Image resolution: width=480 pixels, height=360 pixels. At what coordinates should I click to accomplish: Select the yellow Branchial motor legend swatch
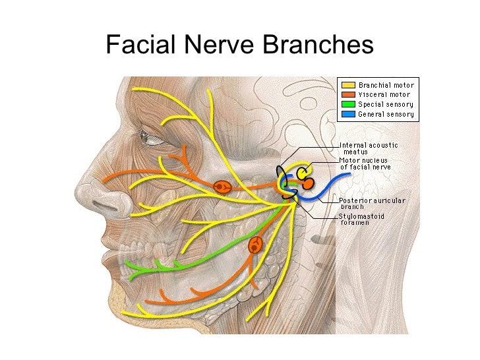coord(347,85)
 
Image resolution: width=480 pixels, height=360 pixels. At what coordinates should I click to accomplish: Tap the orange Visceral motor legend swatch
coord(347,94)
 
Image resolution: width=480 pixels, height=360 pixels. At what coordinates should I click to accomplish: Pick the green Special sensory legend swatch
coord(347,104)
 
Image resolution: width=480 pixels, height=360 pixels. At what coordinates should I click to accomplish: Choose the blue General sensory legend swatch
coord(347,113)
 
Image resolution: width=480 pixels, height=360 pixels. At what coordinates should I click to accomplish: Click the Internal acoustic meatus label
coord(368,148)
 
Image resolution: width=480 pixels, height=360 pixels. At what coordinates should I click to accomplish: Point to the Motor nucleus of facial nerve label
coord(365,164)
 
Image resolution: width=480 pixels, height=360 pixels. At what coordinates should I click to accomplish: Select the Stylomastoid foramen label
coord(363,219)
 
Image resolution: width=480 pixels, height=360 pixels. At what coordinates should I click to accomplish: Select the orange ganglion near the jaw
coord(255,246)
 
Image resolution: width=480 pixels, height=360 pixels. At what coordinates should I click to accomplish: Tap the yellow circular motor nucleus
coord(304,173)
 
